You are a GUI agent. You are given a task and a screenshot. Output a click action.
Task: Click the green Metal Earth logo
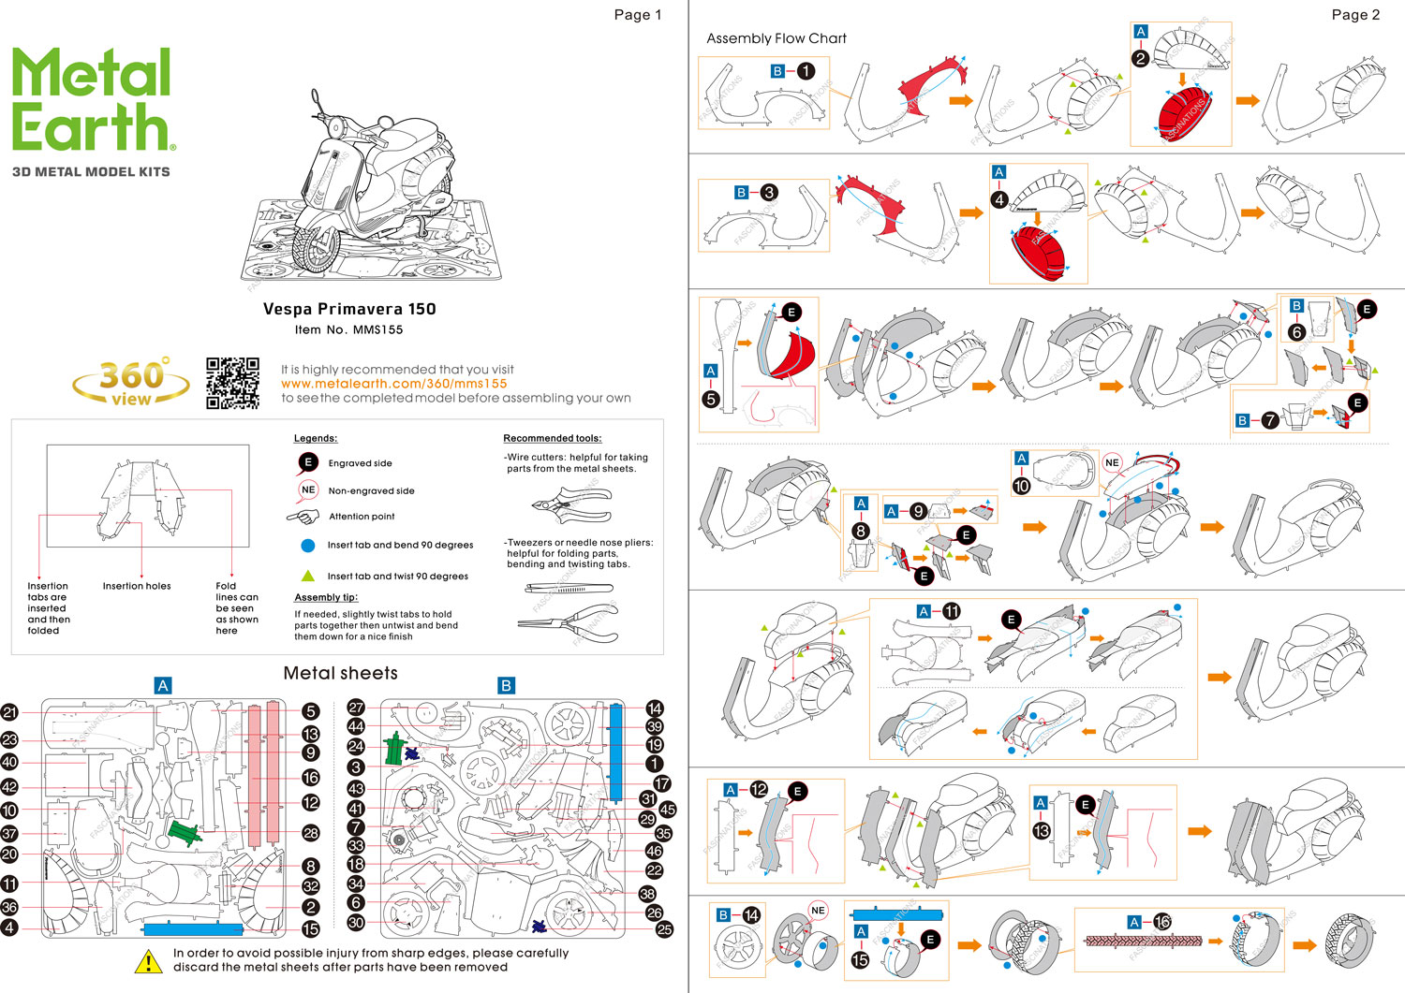click(x=92, y=100)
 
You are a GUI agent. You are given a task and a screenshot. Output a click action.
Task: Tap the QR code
click(x=232, y=383)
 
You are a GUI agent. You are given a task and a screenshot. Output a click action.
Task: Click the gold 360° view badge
click(x=131, y=382)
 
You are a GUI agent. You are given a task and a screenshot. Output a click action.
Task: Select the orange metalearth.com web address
click(x=393, y=384)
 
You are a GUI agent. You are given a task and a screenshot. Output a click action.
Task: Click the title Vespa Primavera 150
click(x=349, y=309)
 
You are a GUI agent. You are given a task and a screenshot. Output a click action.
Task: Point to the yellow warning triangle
click(x=148, y=961)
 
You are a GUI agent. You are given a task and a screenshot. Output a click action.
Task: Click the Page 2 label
click(x=1355, y=15)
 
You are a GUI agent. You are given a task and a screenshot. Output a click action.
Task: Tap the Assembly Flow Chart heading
click(x=776, y=38)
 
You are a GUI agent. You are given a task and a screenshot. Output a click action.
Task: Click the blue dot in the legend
click(x=307, y=545)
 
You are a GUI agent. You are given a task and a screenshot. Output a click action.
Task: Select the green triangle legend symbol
click(x=307, y=576)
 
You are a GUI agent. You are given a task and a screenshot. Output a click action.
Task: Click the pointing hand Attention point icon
click(x=303, y=516)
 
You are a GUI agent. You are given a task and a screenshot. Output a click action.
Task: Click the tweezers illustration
click(x=569, y=589)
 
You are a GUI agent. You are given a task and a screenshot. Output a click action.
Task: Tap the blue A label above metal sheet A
click(x=163, y=686)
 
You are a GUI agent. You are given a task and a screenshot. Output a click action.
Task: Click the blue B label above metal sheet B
click(x=506, y=686)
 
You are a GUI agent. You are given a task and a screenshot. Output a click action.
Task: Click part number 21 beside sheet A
click(x=9, y=713)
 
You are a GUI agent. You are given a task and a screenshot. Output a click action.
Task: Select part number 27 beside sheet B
click(x=356, y=708)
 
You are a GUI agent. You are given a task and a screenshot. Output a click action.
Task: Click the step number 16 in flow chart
click(x=1162, y=922)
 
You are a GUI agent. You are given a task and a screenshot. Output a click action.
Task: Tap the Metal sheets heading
click(x=340, y=673)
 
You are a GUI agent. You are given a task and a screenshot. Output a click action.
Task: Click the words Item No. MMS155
click(x=348, y=329)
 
